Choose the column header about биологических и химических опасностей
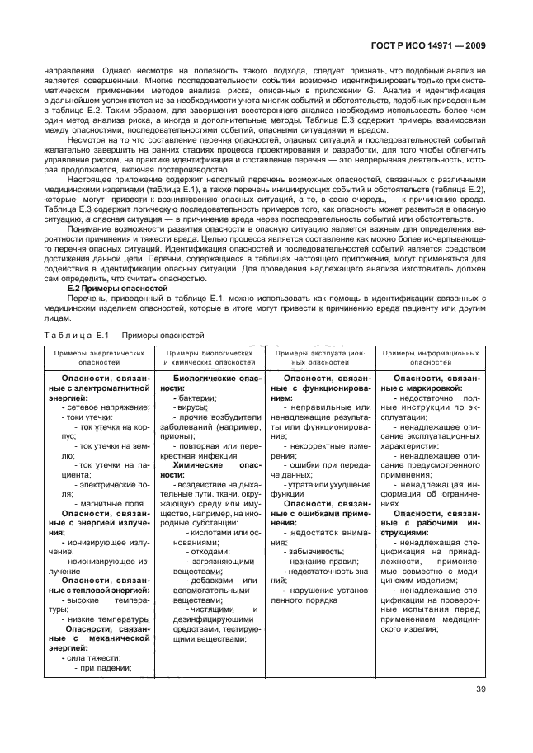click(x=209, y=356)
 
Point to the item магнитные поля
click(x=113, y=502)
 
